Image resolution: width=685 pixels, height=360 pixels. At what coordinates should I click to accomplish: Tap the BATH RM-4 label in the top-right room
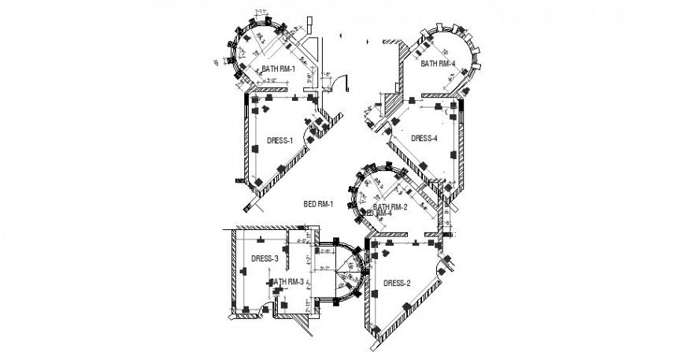438,63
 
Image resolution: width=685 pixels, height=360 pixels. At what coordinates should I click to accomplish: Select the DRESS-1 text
280,141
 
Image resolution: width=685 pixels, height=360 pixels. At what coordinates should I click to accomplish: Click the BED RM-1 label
319,205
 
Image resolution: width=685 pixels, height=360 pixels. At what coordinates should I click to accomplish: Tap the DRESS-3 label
265,258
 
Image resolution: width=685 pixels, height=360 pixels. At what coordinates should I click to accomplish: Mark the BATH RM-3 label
287,281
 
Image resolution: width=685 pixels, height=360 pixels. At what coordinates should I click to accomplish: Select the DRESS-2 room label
397,283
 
